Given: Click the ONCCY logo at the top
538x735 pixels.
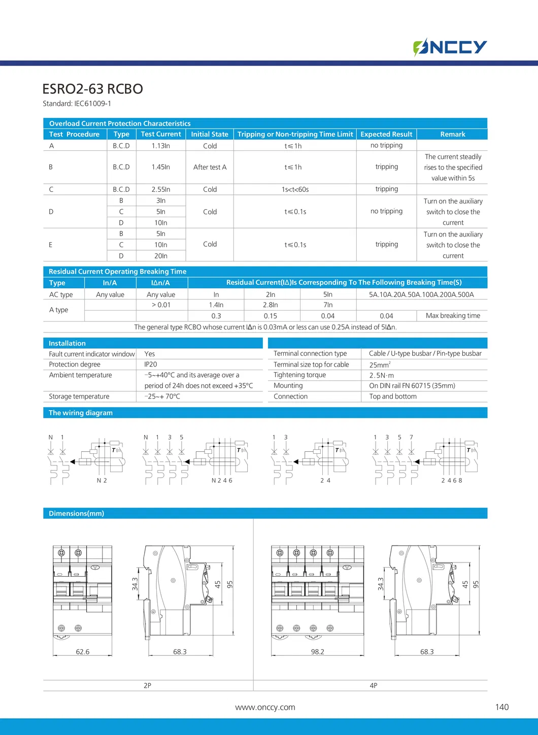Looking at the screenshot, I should tap(450, 47).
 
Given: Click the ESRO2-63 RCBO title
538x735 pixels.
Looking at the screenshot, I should tap(92, 89).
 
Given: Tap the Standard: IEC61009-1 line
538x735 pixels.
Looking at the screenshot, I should tap(77, 104).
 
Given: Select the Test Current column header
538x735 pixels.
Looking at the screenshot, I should tap(161, 134).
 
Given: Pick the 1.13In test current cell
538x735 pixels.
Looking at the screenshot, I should tap(161, 146).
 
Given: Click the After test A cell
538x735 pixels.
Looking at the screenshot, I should tap(210, 167).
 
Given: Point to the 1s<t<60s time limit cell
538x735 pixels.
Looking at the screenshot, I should tap(295, 189).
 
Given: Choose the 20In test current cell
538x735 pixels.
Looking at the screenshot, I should tap(161, 256).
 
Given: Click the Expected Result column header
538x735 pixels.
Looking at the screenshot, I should tap(386, 134).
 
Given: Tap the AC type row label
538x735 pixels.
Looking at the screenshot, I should tap(61, 294).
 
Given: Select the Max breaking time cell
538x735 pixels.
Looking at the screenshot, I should tap(453, 316).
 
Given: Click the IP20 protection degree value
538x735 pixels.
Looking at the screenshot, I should tap(151, 364).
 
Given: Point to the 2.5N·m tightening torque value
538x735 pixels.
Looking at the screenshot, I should tap(382, 376).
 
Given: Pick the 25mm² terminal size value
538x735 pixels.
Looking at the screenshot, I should tap(380, 365).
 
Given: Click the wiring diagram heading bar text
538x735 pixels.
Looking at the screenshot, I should tap(81, 413).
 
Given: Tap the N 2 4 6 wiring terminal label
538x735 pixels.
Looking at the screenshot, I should tap(222, 480).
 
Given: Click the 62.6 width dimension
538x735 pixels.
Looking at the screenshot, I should tap(83, 652).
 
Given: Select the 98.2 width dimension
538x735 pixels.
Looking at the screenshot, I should tap(318, 652).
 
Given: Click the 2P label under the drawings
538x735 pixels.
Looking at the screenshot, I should tap(147, 685).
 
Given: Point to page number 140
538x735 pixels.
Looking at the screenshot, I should tap(501, 707).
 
